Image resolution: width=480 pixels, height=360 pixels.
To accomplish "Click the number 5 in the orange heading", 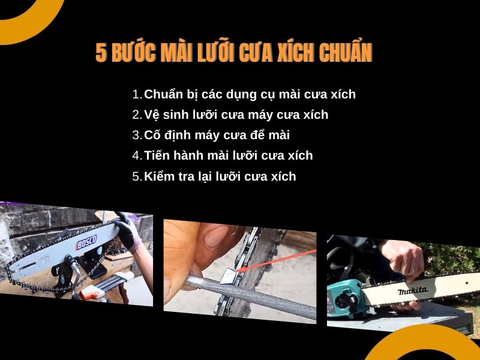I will coord(101,53).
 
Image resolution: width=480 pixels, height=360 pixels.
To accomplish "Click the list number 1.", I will coord(136,94).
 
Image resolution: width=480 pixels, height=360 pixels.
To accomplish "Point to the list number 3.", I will coord(136,135).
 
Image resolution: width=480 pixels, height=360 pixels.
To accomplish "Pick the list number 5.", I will coord(136,176).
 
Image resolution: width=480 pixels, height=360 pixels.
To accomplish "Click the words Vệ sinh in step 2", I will coord(164,115).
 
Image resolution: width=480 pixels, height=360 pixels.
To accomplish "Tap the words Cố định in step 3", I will coord(166,135).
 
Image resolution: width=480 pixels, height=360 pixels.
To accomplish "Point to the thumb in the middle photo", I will coord(219,237).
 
